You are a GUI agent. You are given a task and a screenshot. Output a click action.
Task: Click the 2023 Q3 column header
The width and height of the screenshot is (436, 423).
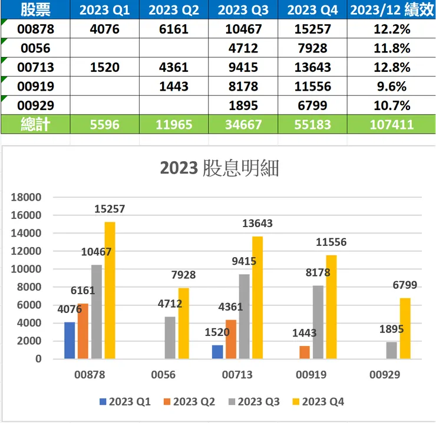[244, 10]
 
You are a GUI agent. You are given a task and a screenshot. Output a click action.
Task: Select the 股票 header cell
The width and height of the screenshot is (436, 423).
[35, 10]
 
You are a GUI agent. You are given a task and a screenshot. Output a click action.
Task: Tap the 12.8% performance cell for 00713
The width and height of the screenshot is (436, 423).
[391, 67]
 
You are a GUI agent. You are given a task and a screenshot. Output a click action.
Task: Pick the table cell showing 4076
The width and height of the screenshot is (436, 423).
[104, 29]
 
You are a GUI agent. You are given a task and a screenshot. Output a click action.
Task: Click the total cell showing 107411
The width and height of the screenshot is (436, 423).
[391, 125]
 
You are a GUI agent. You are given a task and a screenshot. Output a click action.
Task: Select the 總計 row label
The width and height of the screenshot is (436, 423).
[35, 125]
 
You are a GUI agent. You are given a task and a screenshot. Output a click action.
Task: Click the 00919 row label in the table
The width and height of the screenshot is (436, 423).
[35, 86]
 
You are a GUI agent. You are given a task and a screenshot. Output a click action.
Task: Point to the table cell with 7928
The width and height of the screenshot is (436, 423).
[312, 48]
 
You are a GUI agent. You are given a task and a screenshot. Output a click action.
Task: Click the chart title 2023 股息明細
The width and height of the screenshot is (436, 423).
[219, 168]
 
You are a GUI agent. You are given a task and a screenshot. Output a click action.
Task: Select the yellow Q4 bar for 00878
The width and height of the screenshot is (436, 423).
[110, 290]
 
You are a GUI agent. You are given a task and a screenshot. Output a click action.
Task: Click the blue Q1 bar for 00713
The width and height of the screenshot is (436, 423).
[217, 352]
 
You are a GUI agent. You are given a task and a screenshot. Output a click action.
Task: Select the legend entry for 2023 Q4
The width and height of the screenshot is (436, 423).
[318, 402]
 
